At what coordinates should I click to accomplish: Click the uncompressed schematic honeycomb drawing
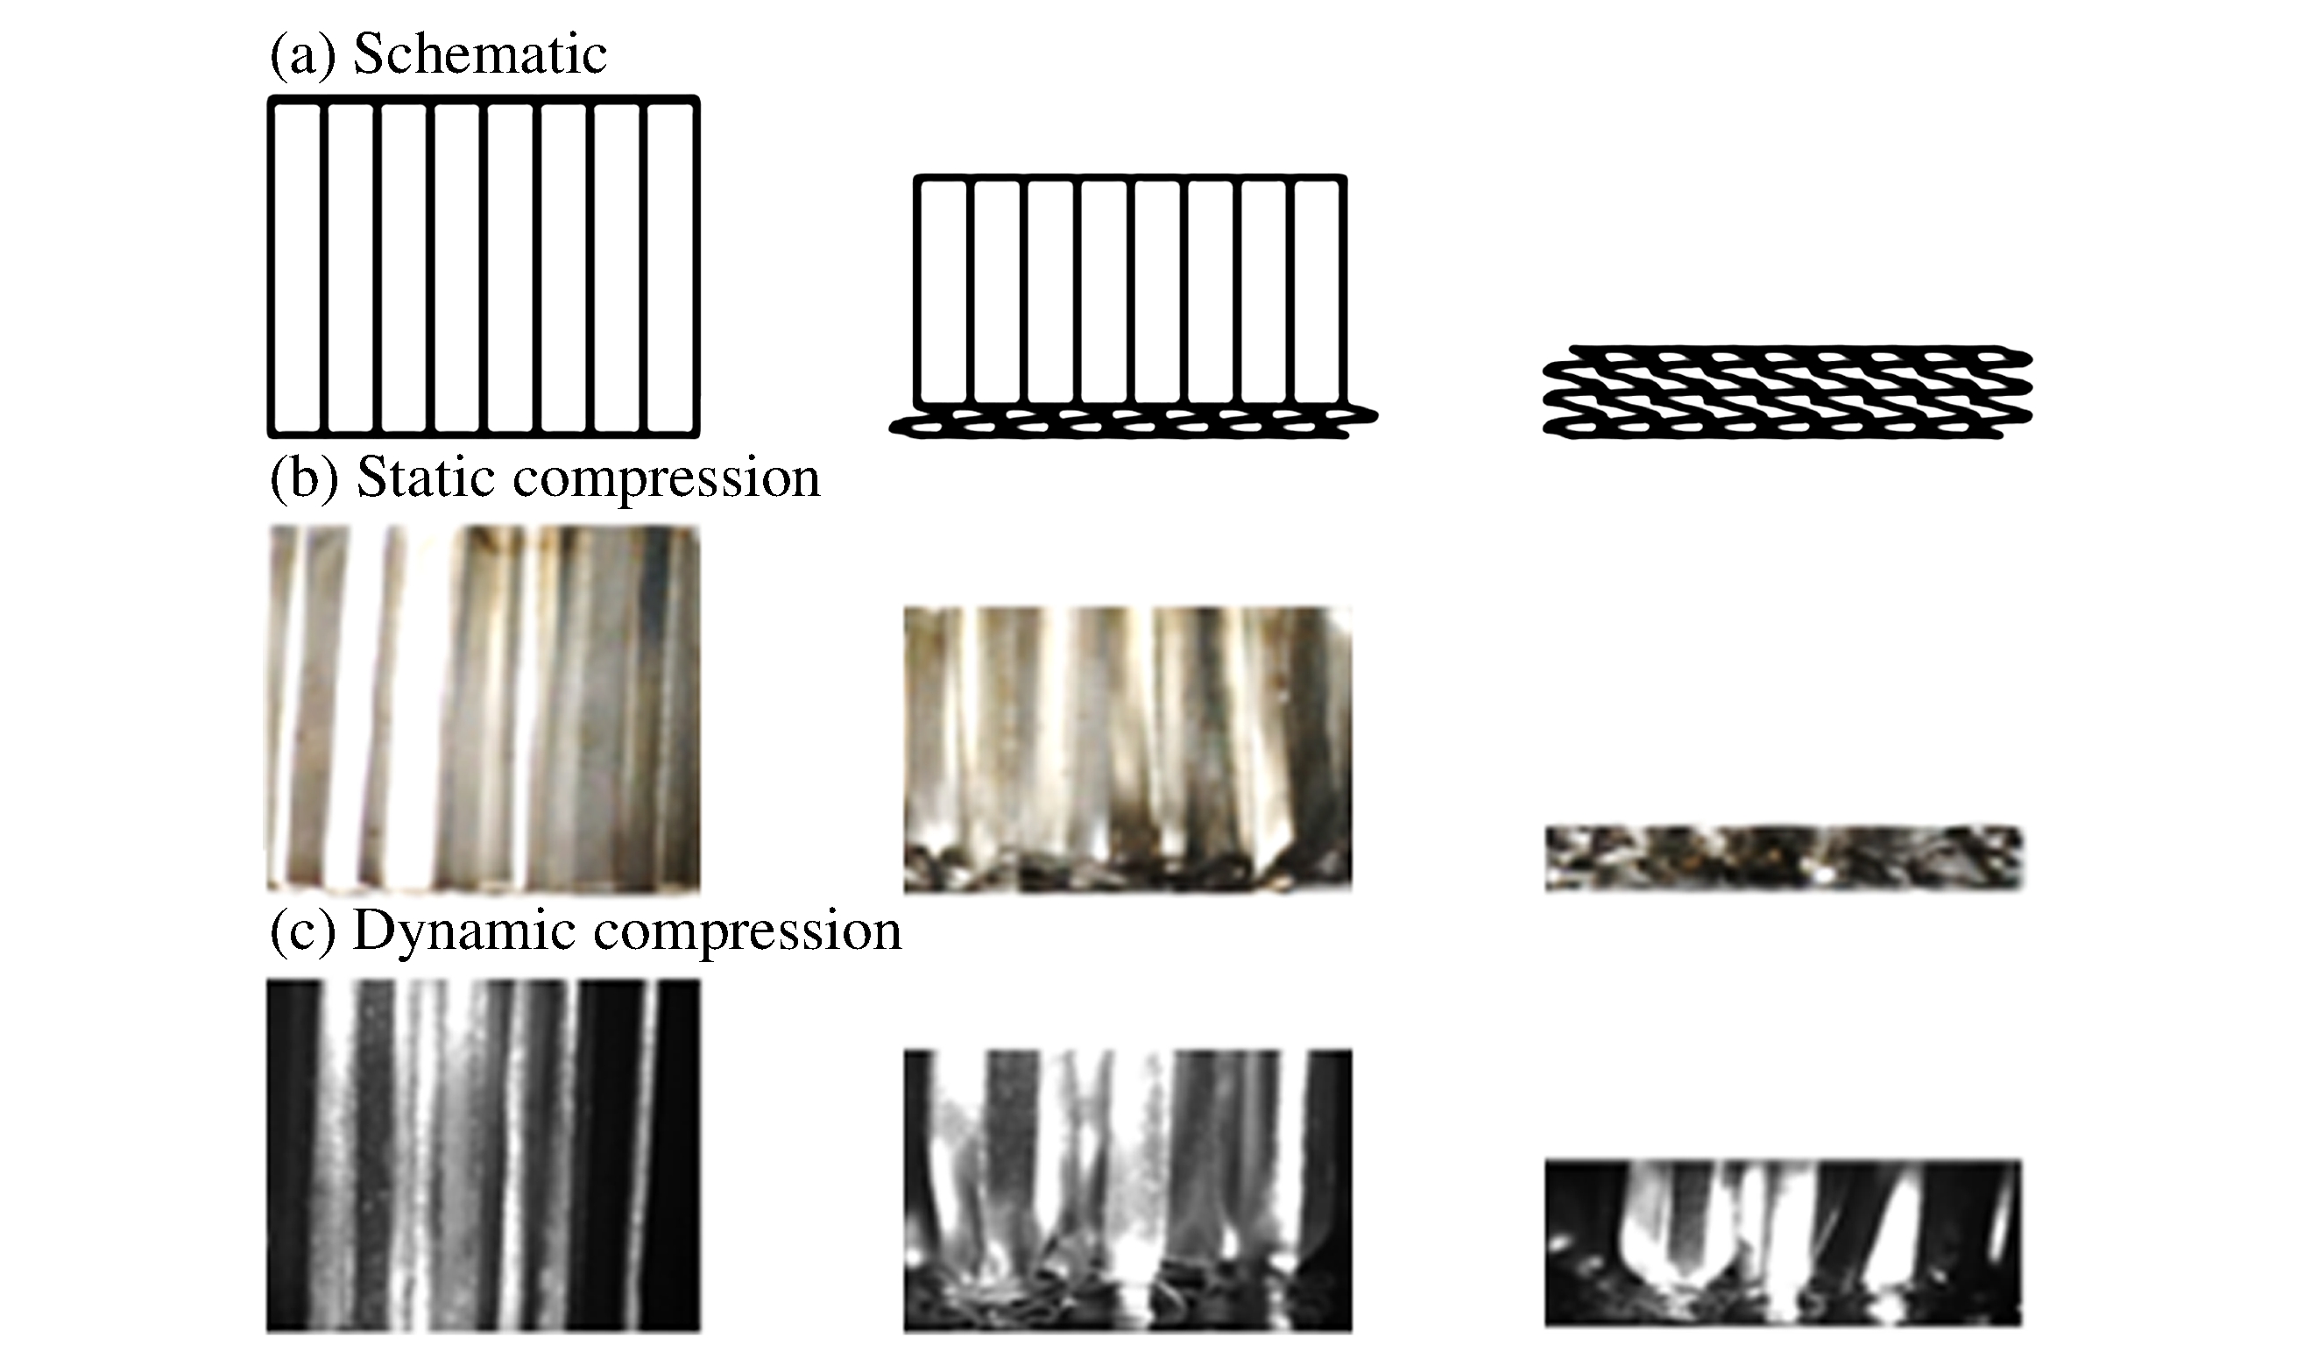pyautogui.click(x=484, y=266)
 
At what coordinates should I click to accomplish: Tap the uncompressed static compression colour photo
pyautogui.click(x=484, y=709)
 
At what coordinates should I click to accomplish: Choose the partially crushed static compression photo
pyautogui.click(x=1127, y=749)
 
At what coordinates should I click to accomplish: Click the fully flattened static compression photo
pyautogui.click(x=1783, y=858)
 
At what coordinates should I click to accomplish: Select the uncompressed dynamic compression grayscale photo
pyautogui.click(x=484, y=1156)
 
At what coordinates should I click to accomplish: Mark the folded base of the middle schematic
pyautogui.click(x=1133, y=424)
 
